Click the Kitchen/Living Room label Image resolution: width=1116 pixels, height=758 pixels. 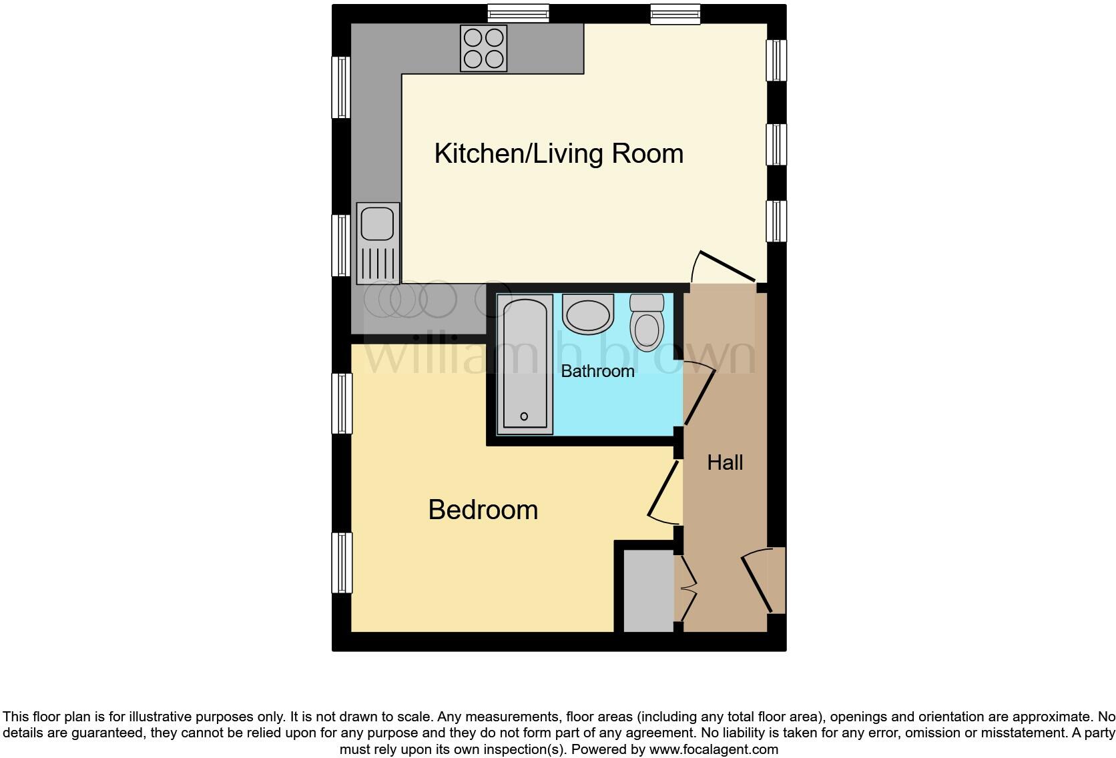(x=559, y=153)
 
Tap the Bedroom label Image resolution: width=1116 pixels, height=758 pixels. (x=483, y=510)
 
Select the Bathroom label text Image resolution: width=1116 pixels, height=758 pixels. (x=597, y=371)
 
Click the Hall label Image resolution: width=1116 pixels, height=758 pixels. (x=725, y=462)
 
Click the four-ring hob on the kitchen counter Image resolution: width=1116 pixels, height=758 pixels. (x=483, y=48)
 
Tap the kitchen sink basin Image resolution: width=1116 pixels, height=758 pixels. (x=378, y=223)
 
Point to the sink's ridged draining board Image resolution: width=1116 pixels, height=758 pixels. (x=378, y=263)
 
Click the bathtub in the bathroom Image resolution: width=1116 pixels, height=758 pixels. (x=525, y=364)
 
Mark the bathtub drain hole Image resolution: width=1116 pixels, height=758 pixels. (x=524, y=416)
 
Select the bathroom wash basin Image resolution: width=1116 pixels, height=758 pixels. (x=587, y=314)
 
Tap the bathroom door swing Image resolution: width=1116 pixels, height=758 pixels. (x=699, y=394)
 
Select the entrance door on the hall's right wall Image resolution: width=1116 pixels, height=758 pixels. (x=761, y=581)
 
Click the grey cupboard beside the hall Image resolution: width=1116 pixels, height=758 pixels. (x=648, y=590)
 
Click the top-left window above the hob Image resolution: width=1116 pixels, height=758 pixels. (x=518, y=13)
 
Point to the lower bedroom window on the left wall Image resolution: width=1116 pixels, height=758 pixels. (x=342, y=562)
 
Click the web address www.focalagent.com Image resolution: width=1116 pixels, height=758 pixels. (x=713, y=749)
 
